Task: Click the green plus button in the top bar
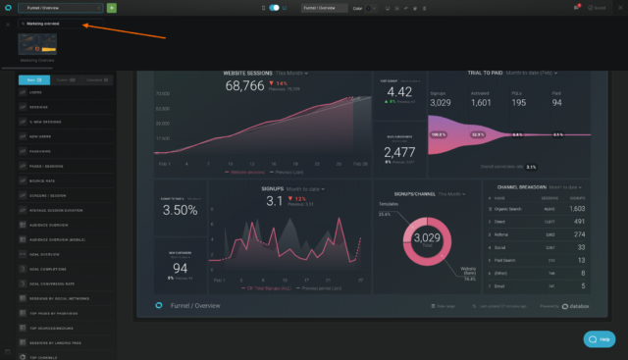pos(112,7)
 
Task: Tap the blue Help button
pos(599,338)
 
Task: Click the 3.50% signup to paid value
pos(180,210)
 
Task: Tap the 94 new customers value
pos(180,268)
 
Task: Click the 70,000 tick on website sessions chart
pos(164,94)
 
